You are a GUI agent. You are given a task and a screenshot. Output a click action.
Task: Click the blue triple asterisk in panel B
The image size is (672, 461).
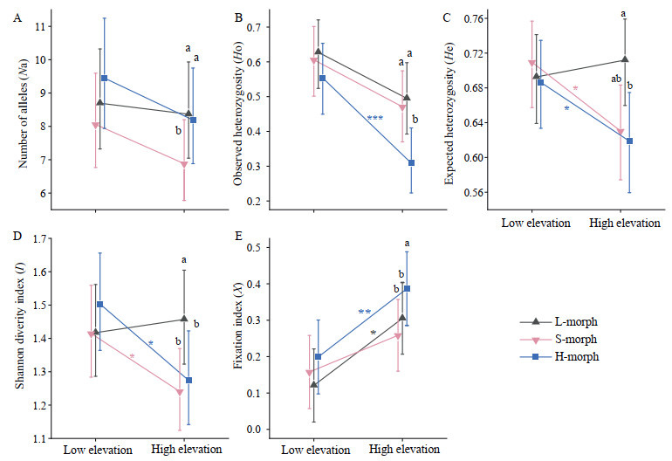click(375, 120)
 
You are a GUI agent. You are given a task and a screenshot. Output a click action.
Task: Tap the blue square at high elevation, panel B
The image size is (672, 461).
click(411, 162)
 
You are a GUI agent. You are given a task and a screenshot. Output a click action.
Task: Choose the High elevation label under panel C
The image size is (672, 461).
click(624, 223)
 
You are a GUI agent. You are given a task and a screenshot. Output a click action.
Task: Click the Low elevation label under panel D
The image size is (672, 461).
click(98, 451)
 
